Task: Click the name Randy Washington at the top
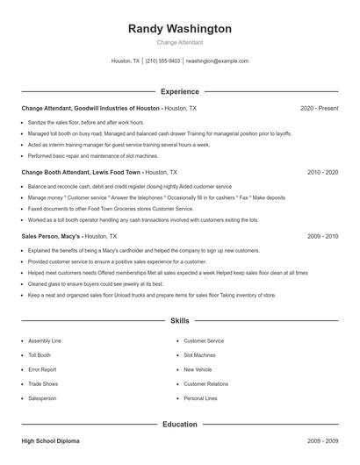pos(180,29)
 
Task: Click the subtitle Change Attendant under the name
pos(180,42)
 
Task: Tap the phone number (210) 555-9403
pos(163,61)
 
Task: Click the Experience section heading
pos(180,91)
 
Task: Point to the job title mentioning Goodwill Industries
pos(91,108)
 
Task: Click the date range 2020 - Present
pos(319,108)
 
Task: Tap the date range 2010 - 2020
pos(322,173)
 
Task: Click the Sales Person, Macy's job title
pos(54,236)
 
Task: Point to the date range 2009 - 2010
pos(322,236)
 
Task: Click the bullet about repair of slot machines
pos(80,155)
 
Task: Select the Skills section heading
pos(180,322)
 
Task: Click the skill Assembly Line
pos(44,340)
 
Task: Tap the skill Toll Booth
pos(40,355)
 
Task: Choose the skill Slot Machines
pos(199,355)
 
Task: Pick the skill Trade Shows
pos(42,383)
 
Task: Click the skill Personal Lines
pos(200,398)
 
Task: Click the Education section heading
pos(180,425)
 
